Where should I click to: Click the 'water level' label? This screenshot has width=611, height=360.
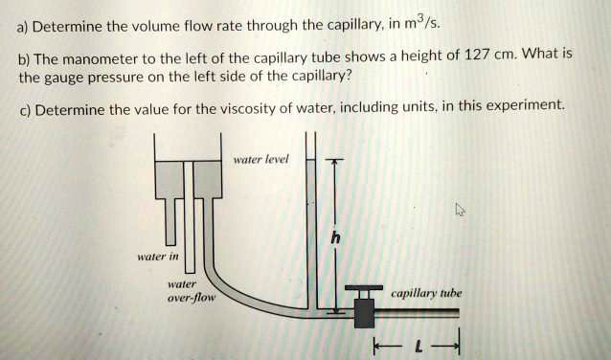260,160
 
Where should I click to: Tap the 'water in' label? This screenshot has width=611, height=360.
156,256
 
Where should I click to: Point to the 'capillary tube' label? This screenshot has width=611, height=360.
426,293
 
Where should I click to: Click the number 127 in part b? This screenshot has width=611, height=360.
477,56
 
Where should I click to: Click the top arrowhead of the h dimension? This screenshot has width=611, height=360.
333,164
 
